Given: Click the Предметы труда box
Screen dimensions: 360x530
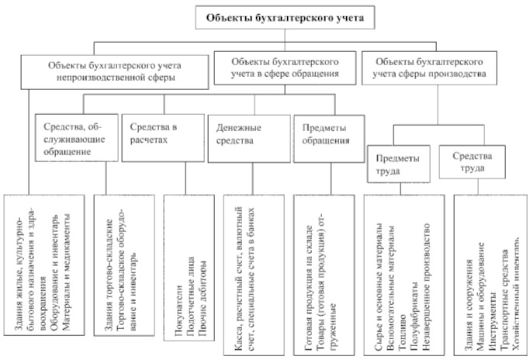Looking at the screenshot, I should (393, 161).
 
